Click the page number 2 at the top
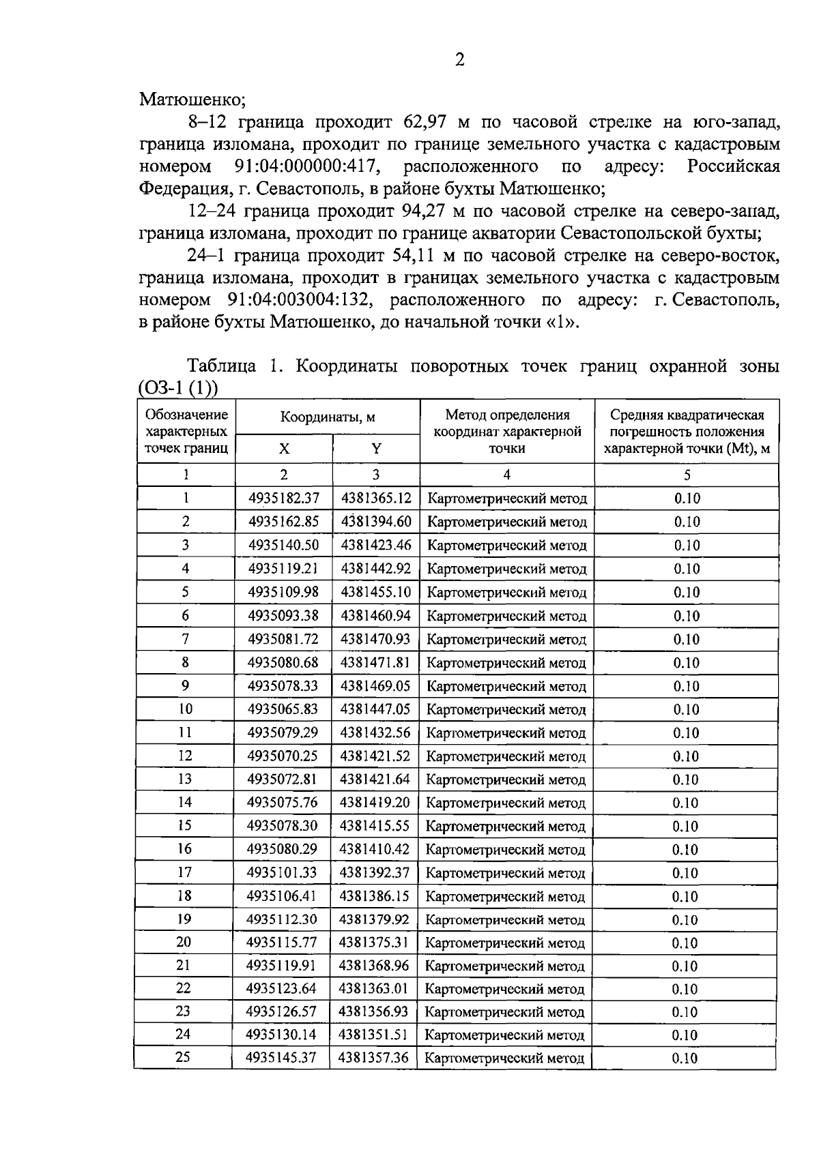tap(459, 61)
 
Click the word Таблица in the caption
tap(222, 366)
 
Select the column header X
tap(284, 449)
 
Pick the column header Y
tap(376, 449)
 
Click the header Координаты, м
tap(328, 417)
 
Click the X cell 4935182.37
tap(284, 499)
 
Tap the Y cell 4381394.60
tap(376, 522)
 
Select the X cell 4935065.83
tap(283, 709)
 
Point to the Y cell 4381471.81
tap(375, 663)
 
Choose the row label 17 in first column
tap(184, 872)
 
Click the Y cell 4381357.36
tap(373, 1058)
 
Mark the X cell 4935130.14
tap(281, 1035)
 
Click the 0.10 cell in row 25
tap(685, 1058)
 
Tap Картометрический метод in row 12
tap(506, 756)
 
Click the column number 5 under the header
tap(687, 475)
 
